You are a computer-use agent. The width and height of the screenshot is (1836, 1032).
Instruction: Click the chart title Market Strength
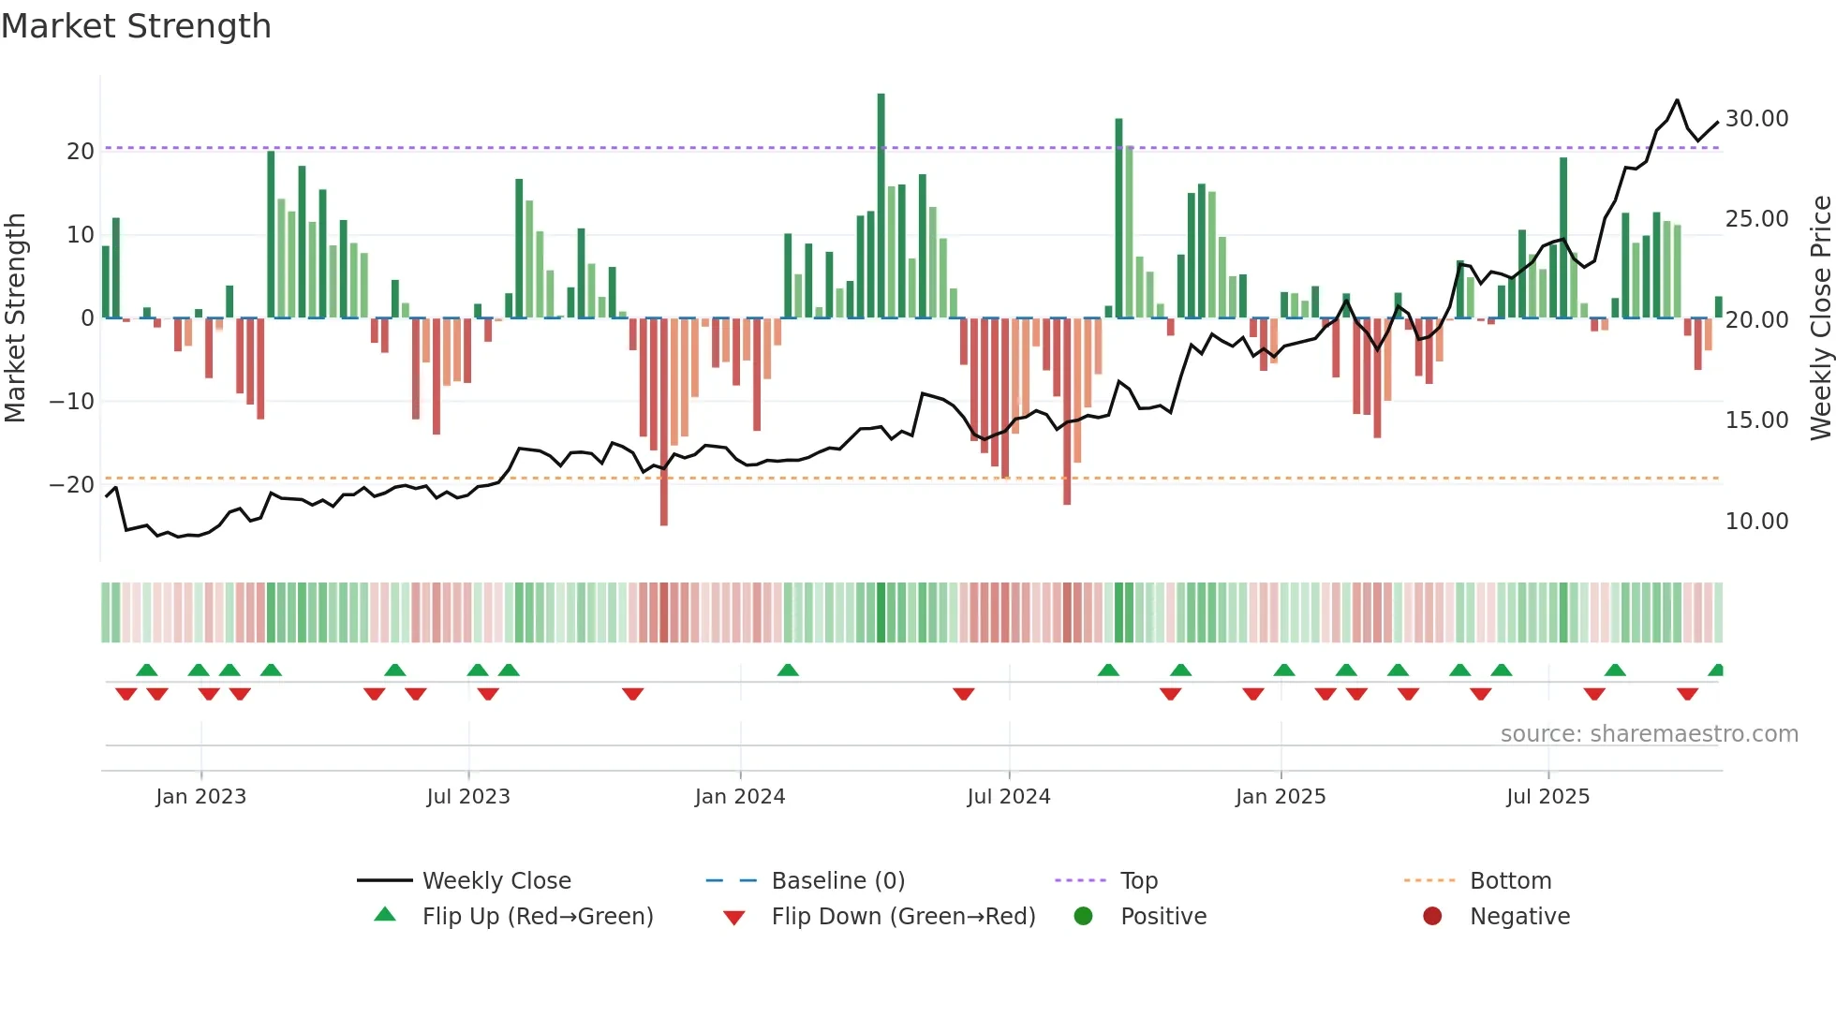click(x=136, y=26)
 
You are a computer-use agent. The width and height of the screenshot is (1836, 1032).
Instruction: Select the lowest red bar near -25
click(x=664, y=421)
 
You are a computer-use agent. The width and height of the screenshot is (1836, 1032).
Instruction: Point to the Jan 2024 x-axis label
click(x=740, y=797)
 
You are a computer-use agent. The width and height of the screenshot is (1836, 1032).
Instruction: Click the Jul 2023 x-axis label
click(x=468, y=797)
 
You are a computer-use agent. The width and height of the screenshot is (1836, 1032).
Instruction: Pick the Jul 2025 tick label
click(x=1547, y=797)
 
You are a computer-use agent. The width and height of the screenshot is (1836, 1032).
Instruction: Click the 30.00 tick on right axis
click(x=1756, y=119)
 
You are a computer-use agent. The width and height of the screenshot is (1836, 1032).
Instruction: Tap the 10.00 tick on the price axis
click(x=1756, y=522)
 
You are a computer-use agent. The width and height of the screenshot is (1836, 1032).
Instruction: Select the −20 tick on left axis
click(x=72, y=485)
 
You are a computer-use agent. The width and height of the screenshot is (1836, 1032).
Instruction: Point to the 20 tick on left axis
click(x=81, y=152)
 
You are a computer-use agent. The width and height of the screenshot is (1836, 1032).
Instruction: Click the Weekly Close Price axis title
click(x=1820, y=318)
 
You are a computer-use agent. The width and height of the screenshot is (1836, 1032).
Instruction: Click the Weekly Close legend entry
click(x=496, y=881)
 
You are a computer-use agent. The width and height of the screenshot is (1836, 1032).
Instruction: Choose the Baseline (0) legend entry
click(x=837, y=881)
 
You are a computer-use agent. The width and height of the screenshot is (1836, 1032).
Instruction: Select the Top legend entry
click(x=1139, y=881)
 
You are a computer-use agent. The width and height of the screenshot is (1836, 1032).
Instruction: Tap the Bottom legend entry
click(x=1510, y=881)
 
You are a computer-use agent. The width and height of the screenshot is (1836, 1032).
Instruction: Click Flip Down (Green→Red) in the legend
click(x=903, y=917)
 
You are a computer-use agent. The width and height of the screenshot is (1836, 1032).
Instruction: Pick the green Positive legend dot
click(x=1084, y=917)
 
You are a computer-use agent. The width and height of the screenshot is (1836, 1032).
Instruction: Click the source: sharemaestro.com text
click(x=1649, y=734)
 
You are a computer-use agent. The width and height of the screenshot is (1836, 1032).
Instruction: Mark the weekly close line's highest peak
click(x=1677, y=100)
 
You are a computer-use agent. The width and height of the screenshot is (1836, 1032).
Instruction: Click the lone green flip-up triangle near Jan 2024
click(x=788, y=671)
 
